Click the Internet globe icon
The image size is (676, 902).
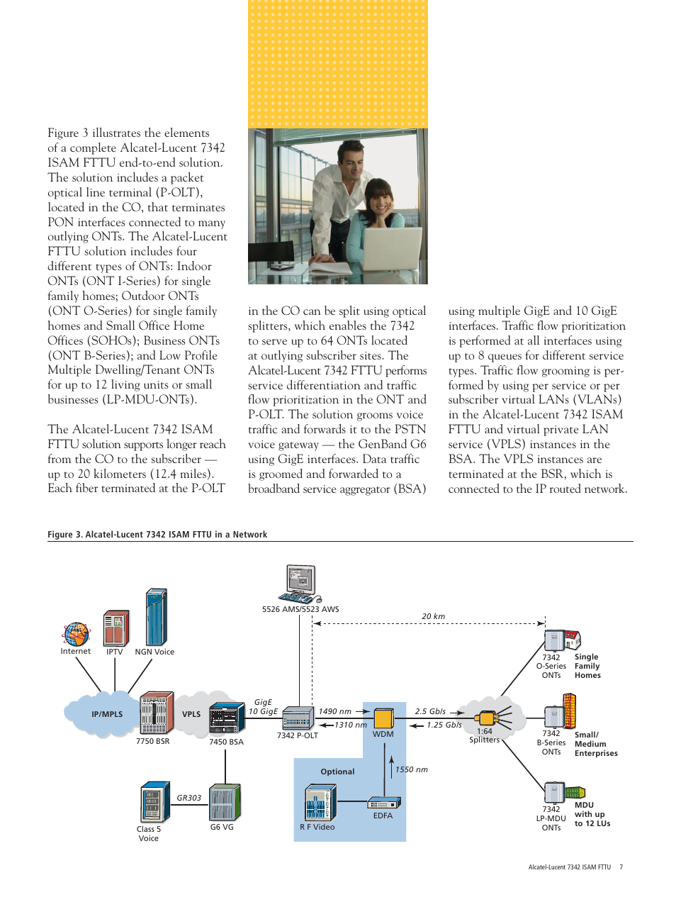(x=76, y=633)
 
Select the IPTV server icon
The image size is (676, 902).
(x=116, y=628)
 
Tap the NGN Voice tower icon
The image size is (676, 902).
(x=156, y=617)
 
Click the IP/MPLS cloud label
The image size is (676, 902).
(x=107, y=714)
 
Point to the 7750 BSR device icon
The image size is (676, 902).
(x=156, y=713)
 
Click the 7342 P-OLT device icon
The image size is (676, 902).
(x=298, y=718)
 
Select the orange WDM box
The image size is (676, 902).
(x=383, y=718)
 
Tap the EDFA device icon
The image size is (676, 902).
(x=383, y=803)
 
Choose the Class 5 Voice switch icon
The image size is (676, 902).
(x=154, y=802)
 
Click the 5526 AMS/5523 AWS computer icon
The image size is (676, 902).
(x=301, y=584)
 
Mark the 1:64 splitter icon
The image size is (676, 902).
(x=488, y=718)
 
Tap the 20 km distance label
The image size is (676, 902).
(x=434, y=616)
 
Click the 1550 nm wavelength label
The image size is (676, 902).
(x=412, y=769)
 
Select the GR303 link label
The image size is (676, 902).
(x=189, y=798)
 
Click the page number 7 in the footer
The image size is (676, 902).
(x=621, y=867)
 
